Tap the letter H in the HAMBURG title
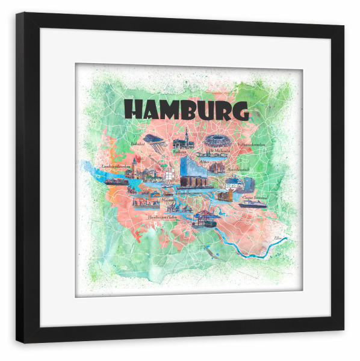[134, 110]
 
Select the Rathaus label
[179, 153]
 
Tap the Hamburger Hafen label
[164, 216]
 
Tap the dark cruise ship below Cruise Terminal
[253, 204]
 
